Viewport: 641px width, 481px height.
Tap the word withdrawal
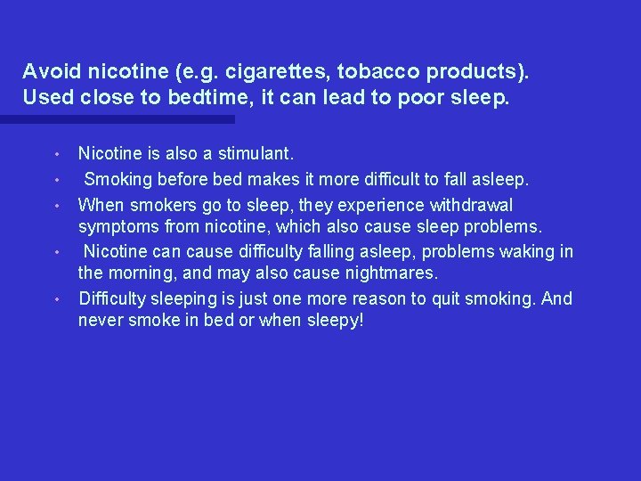[467, 205]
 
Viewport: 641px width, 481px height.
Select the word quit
[452, 298]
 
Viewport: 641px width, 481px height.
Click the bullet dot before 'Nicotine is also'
[57, 156]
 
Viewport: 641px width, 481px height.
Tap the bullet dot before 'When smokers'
[57, 206]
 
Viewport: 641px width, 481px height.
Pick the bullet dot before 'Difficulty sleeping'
[57, 298]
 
